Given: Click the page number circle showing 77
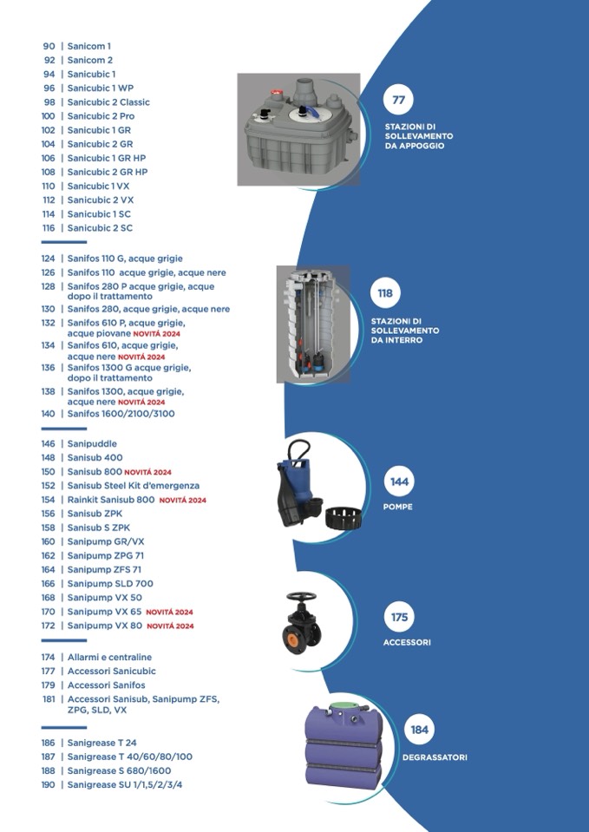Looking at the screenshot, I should click(x=398, y=100).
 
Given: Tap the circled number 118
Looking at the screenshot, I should click(x=385, y=293).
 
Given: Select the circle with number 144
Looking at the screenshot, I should click(x=399, y=481).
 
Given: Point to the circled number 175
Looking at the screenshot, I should click(x=399, y=618).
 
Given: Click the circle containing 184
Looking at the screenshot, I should click(x=420, y=730).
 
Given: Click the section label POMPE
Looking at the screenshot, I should click(x=397, y=506).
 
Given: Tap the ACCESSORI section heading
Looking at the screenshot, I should click(x=407, y=643).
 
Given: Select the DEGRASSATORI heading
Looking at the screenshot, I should click(x=435, y=757).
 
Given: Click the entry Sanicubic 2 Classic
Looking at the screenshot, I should click(x=108, y=102).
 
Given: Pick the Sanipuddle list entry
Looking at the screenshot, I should click(x=92, y=443).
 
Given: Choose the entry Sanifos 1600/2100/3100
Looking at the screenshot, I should click(x=121, y=414).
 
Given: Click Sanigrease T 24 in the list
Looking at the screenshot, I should click(x=101, y=743).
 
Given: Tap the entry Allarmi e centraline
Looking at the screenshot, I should click(x=109, y=657).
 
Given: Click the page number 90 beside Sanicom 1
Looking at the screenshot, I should click(x=49, y=46).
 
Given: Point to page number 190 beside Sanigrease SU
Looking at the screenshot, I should click(x=48, y=784).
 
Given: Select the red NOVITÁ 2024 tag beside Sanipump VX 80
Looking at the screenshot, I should click(x=170, y=626).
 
